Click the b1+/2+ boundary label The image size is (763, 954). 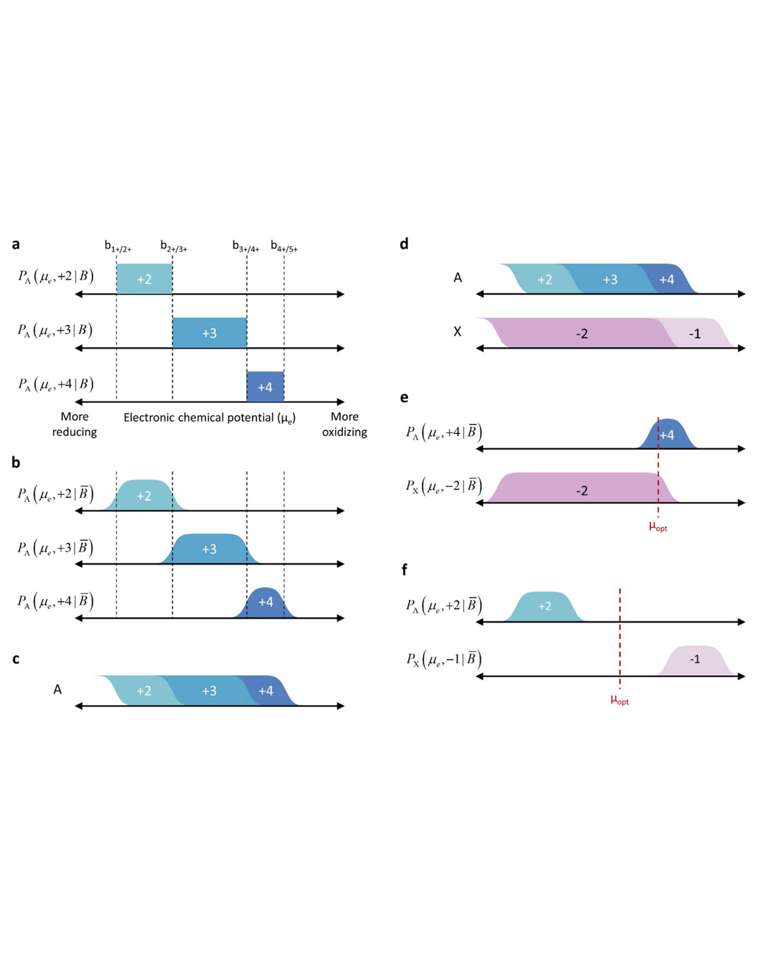click(118, 246)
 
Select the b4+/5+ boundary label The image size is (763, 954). click(284, 246)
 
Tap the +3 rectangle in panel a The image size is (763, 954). click(210, 333)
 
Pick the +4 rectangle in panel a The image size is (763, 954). click(265, 387)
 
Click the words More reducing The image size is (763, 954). click(74, 424)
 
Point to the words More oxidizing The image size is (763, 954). click(344, 424)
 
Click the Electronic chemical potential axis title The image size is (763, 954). click(210, 418)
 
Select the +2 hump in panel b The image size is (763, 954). click(144, 495)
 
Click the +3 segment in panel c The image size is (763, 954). click(209, 691)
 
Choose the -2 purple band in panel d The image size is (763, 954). click(581, 334)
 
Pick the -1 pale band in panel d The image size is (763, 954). click(694, 334)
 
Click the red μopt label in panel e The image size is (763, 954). click(658, 527)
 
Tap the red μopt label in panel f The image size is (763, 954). click(620, 700)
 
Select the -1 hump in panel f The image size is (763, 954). click(694, 660)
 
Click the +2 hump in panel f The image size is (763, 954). click(544, 607)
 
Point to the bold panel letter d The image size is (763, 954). click(404, 244)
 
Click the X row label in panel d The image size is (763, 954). click(457, 332)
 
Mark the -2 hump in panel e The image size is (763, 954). click(581, 490)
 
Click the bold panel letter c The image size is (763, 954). click(15, 659)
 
